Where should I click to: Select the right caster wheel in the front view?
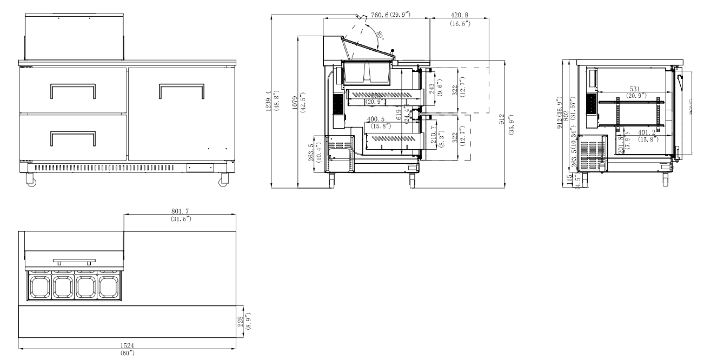pyautogui.click(x=223, y=182)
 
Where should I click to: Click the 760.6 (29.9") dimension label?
pyautogui.click(x=388, y=14)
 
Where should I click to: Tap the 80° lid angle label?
pyautogui.click(x=380, y=36)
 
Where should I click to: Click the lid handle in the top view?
pyautogui.click(x=74, y=262)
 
